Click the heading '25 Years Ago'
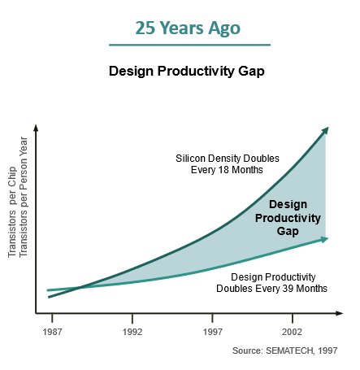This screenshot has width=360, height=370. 188,28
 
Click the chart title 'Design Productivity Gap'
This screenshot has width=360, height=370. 187,72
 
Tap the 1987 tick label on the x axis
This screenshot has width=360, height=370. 52,332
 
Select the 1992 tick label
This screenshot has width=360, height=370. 132,332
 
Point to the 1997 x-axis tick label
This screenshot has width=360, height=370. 213,332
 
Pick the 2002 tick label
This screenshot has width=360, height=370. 292,332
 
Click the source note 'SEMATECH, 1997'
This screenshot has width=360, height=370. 301,350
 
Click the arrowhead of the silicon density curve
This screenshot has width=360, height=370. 325,130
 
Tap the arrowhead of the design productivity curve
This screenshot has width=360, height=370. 324,239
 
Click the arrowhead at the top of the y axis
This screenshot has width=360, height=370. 36,128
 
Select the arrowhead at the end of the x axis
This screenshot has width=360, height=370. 340,313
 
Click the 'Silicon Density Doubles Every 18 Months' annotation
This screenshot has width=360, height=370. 228,164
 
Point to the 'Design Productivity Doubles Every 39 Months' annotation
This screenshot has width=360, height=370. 271,283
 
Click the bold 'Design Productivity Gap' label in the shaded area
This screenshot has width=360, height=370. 288,218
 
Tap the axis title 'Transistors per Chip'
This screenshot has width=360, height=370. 12,212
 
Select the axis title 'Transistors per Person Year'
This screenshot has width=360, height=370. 24,197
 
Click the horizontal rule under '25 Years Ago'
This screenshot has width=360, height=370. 189,45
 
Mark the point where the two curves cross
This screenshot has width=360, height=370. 79,287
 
